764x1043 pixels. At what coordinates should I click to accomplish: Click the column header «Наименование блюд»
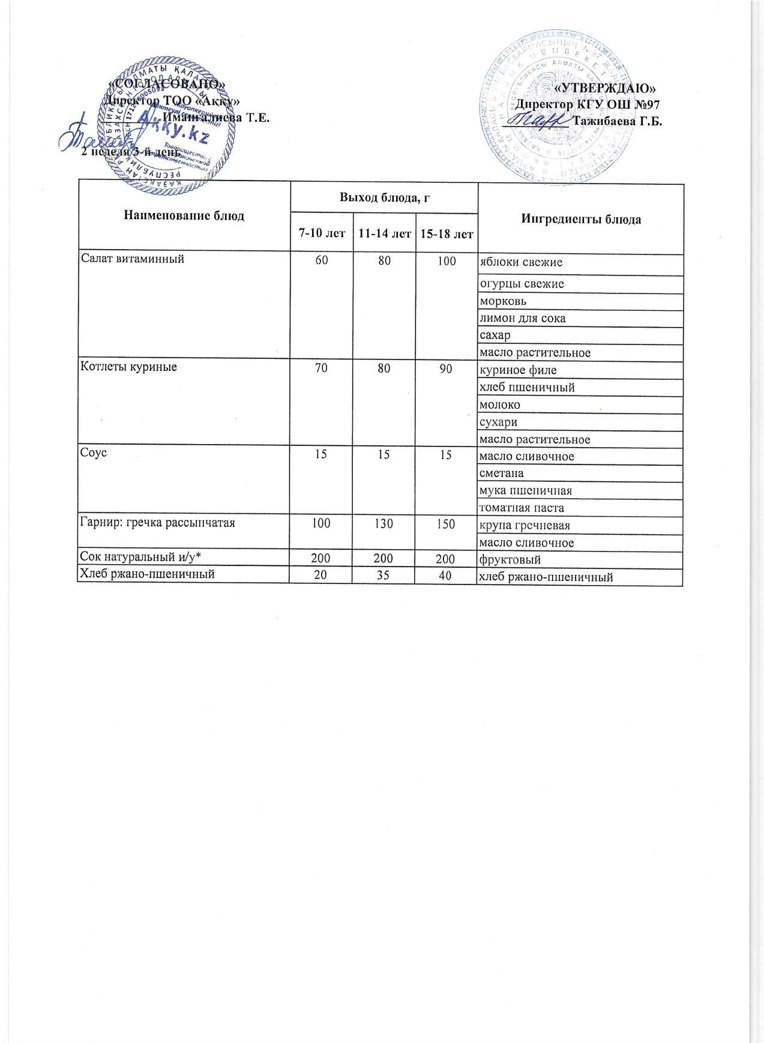(x=184, y=215)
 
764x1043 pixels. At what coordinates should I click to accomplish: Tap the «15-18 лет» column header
(x=446, y=233)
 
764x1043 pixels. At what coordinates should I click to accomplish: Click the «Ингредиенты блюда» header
(x=580, y=219)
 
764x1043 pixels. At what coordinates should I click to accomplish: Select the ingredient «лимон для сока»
(x=522, y=319)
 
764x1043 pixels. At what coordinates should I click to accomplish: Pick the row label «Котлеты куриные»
(x=129, y=366)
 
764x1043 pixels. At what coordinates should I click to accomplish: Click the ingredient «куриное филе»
(x=513, y=371)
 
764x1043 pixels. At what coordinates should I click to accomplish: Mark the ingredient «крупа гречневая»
(x=524, y=526)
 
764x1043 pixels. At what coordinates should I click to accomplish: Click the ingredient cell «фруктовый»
(x=510, y=560)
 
